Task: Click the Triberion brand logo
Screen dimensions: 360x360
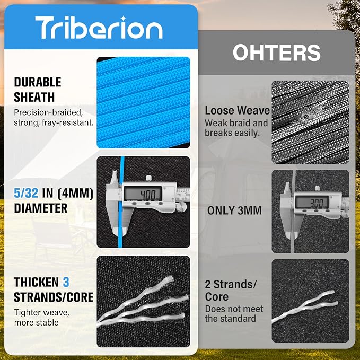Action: (x=99, y=28)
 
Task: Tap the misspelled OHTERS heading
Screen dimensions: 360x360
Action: (x=277, y=52)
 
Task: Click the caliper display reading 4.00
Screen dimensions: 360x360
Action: (x=143, y=194)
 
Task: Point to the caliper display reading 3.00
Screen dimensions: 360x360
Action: (x=312, y=203)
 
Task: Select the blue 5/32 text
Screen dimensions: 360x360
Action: (x=26, y=193)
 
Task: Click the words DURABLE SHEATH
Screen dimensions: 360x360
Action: (x=38, y=90)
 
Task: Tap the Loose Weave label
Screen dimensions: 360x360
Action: (x=237, y=110)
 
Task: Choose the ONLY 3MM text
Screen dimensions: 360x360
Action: (x=234, y=210)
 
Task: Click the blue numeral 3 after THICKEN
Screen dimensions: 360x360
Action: (x=66, y=282)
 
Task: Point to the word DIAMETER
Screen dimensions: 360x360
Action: (x=41, y=208)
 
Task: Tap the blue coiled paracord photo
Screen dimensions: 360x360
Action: (x=143, y=102)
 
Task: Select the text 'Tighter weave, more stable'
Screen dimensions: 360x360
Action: (x=41, y=318)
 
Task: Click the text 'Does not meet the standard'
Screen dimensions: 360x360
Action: (x=234, y=314)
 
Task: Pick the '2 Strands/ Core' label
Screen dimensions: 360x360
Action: (x=231, y=291)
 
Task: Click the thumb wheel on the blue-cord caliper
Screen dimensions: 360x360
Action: (x=182, y=207)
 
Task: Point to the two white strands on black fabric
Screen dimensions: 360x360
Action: (x=305, y=306)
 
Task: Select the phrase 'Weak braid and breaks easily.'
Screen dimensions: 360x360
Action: (x=236, y=128)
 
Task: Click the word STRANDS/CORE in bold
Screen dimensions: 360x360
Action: (x=54, y=297)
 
